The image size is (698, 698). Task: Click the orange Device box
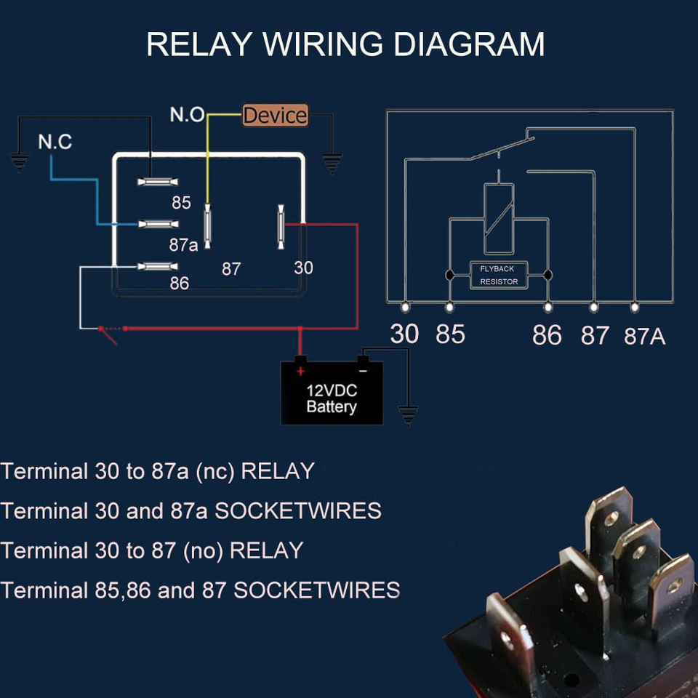click(275, 116)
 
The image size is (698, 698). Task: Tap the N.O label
click(187, 115)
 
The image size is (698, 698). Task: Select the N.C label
click(55, 142)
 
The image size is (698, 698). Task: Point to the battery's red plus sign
click(300, 371)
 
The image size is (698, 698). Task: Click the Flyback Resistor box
click(499, 275)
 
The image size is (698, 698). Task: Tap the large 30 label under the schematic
click(404, 334)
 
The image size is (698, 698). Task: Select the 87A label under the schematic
click(645, 337)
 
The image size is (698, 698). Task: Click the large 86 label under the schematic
click(547, 335)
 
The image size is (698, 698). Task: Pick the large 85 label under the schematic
click(450, 334)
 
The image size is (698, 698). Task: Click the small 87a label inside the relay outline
click(183, 246)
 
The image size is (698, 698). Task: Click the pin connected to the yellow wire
click(207, 225)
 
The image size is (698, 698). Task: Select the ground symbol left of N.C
click(19, 162)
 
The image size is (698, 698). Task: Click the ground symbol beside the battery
click(409, 415)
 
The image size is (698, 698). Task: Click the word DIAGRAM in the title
click(468, 44)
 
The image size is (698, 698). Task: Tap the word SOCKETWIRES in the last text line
click(316, 590)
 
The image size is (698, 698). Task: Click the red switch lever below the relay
click(109, 335)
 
